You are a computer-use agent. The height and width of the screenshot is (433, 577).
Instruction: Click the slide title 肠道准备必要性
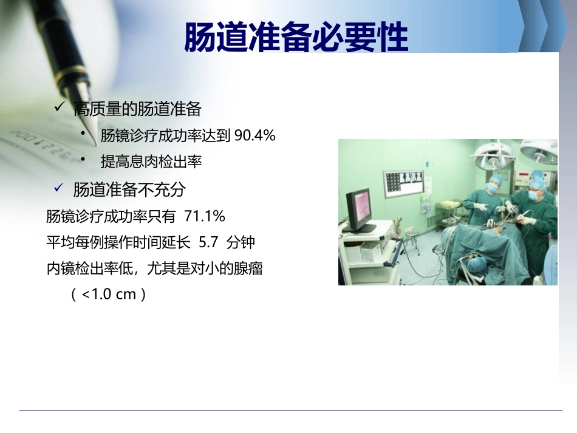point(296,38)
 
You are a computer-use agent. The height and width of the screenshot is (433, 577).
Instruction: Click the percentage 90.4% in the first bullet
point(255,136)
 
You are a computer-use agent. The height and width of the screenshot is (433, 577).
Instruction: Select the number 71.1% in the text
point(205,216)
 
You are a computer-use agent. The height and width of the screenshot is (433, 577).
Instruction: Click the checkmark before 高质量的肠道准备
point(60,107)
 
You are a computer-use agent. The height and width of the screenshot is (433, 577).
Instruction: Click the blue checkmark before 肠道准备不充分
point(60,188)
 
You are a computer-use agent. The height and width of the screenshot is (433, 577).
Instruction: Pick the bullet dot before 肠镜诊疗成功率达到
point(90,132)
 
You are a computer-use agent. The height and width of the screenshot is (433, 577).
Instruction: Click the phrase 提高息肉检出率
point(151,162)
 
